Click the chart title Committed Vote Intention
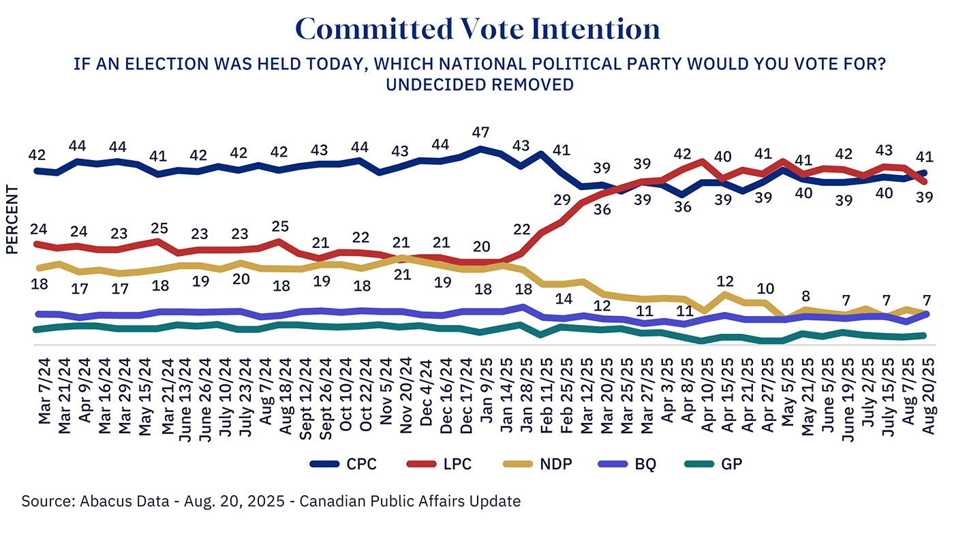(477, 29)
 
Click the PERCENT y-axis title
(12, 219)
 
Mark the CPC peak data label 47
(482, 131)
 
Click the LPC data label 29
(561, 199)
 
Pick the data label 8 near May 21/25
(805, 296)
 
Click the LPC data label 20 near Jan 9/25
(482, 246)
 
